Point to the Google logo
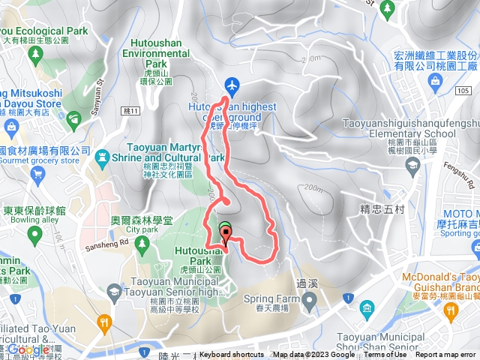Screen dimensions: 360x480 [x=28, y=349]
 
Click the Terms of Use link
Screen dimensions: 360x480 [x=385, y=355]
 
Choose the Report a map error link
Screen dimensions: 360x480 [x=445, y=355]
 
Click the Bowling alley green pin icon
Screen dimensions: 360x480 [x=34, y=235]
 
